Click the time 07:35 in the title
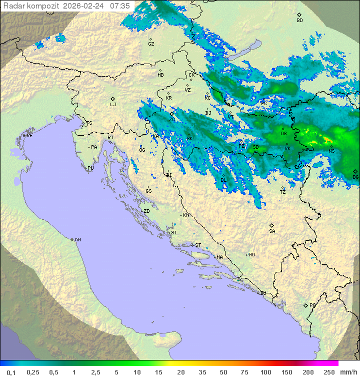click(120, 6)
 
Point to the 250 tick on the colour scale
click(329, 372)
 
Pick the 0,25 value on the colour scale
click(33, 372)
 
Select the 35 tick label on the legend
click(202, 372)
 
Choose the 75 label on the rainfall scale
click(244, 372)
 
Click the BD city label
click(299, 21)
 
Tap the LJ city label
click(113, 104)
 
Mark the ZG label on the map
click(172, 119)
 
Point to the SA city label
click(272, 231)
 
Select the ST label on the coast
click(198, 245)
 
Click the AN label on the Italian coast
click(77, 240)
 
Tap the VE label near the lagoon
click(29, 136)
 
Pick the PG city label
click(312, 305)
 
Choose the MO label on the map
click(251, 255)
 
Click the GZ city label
click(151, 44)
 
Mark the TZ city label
click(283, 192)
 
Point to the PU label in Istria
click(90, 168)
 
